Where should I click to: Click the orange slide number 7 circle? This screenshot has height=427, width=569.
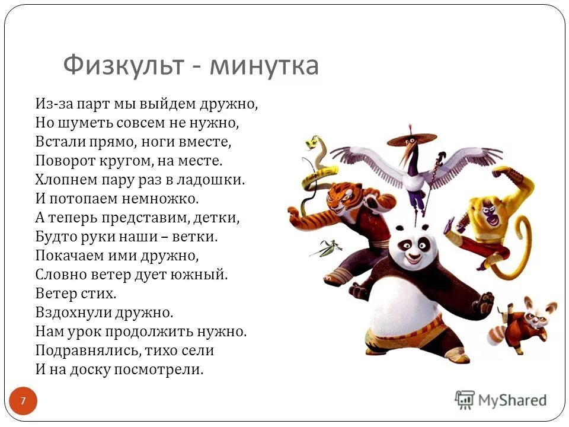coord(23,401)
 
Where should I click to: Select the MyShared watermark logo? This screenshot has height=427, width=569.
coord(501,400)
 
